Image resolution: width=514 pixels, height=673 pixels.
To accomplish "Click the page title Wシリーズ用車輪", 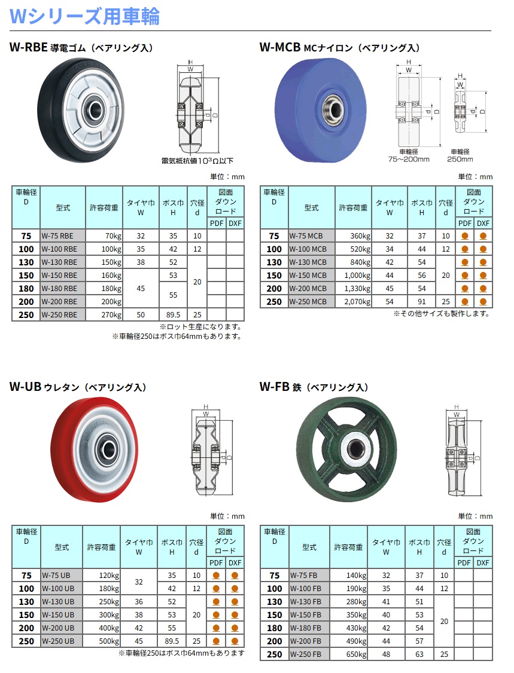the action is pyautogui.click(x=84, y=16).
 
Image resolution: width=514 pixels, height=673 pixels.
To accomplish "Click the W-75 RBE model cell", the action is pyautogui.click(x=63, y=235).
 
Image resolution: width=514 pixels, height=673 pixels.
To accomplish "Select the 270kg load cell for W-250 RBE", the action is pyautogui.click(x=104, y=314).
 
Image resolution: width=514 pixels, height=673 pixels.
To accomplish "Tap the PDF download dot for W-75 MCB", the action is pyautogui.click(x=464, y=235).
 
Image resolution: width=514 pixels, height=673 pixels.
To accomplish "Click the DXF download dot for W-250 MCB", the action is pyautogui.click(x=483, y=302).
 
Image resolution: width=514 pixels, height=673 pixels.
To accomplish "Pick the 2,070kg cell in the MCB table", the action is pyautogui.click(x=353, y=302).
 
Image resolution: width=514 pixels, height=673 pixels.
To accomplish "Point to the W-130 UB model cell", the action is pyautogui.click(x=62, y=602).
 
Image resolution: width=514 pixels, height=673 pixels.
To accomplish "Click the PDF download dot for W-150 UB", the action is pyautogui.click(x=216, y=615).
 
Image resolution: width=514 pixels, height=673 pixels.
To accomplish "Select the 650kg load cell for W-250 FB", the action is pyautogui.click(x=348, y=654).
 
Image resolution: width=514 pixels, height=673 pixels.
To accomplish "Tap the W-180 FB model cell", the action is pyautogui.click(x=309, y=628).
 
